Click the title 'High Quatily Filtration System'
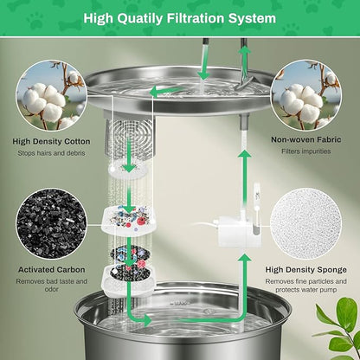pyautogui.click(x=179, y=16)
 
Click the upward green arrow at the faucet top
pyautogui.click(x=245, y=59)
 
